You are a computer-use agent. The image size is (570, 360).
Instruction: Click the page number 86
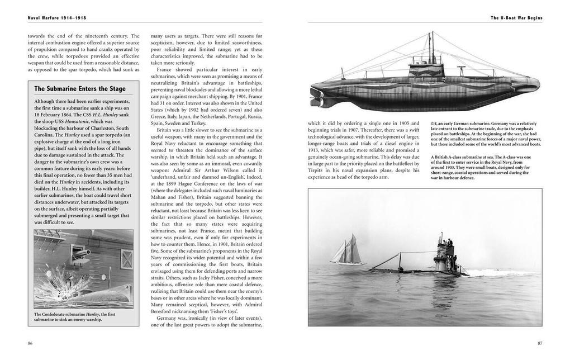tap(30, 343)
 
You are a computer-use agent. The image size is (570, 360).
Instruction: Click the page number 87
tap(539, 343)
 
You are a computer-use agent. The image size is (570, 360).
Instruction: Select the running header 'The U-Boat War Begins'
tap(516, 18)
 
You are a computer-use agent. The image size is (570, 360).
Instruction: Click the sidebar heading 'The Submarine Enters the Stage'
tap(80, 89)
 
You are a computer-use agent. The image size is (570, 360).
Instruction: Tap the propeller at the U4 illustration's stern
tap(317, 99)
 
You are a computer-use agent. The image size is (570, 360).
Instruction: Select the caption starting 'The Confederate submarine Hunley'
tap(74, 317)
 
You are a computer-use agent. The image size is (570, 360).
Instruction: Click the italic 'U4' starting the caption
tap(434, 124)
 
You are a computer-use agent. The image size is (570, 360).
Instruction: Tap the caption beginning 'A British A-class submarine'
tap(481, 167)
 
